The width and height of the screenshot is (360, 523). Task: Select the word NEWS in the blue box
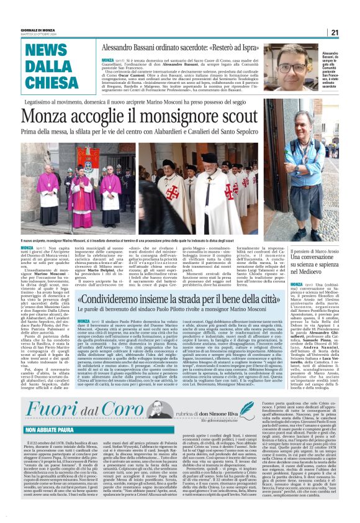(47, 52)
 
